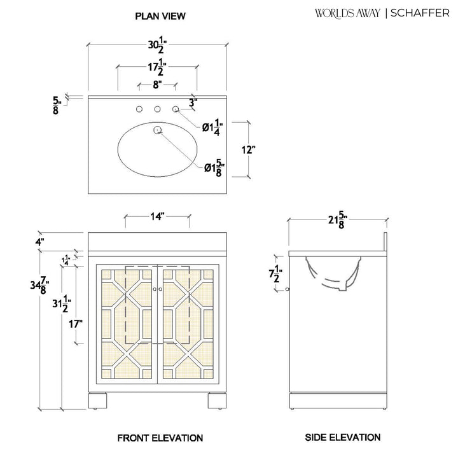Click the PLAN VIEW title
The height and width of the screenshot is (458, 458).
coord(160,16)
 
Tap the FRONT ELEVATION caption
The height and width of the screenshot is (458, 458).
coord(160,438)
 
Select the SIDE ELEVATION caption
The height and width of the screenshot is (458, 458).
coord(343,437)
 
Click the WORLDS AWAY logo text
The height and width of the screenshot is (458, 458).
coord(347,13)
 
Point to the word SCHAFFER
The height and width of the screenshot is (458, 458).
coord(420,13)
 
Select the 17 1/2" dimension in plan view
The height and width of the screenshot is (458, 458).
coord(158,67)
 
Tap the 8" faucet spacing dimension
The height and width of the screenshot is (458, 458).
coord(157,85)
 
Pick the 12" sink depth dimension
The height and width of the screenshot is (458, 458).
coord(249,150)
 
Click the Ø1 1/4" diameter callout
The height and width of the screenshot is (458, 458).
coord(212,127)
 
